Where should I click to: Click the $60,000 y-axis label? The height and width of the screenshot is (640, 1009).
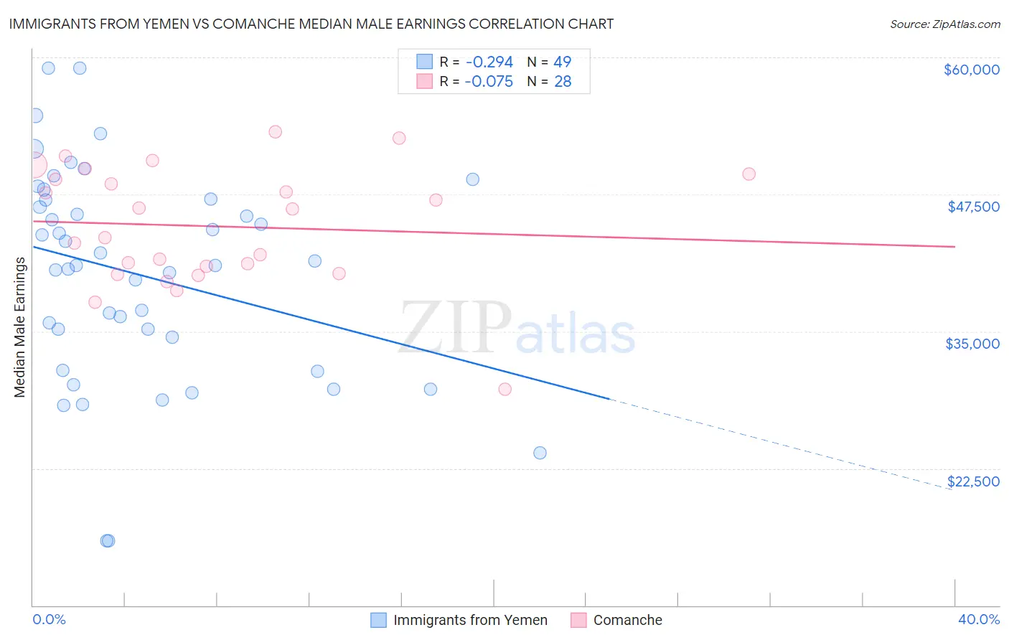coord(971,70)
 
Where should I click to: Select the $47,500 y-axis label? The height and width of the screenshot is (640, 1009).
coord(973,207)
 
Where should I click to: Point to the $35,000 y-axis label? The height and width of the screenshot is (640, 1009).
coord(972,344)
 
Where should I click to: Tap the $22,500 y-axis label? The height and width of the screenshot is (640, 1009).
coord(973,481)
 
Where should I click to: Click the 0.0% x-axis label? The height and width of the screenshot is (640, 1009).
coord(49,620)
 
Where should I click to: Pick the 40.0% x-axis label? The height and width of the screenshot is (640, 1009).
coord(978,620)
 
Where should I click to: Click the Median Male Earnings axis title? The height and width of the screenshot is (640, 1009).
coord(20,327)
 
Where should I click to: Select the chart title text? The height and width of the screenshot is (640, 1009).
coord(311,24)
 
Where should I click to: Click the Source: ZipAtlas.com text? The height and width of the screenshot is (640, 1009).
coord(944,24)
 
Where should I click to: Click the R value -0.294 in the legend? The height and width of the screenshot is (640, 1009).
coord(489,62)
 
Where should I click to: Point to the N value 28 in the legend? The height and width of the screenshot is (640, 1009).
coord(563,82)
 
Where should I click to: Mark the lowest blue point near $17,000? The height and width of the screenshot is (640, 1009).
coord(108,540)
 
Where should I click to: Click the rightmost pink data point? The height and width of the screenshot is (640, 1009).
coord(748,174)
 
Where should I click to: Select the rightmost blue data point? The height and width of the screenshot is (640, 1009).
coord(540,453)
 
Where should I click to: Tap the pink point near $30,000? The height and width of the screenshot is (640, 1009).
coord(504,389)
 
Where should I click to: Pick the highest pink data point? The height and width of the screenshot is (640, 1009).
coord(275,132)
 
